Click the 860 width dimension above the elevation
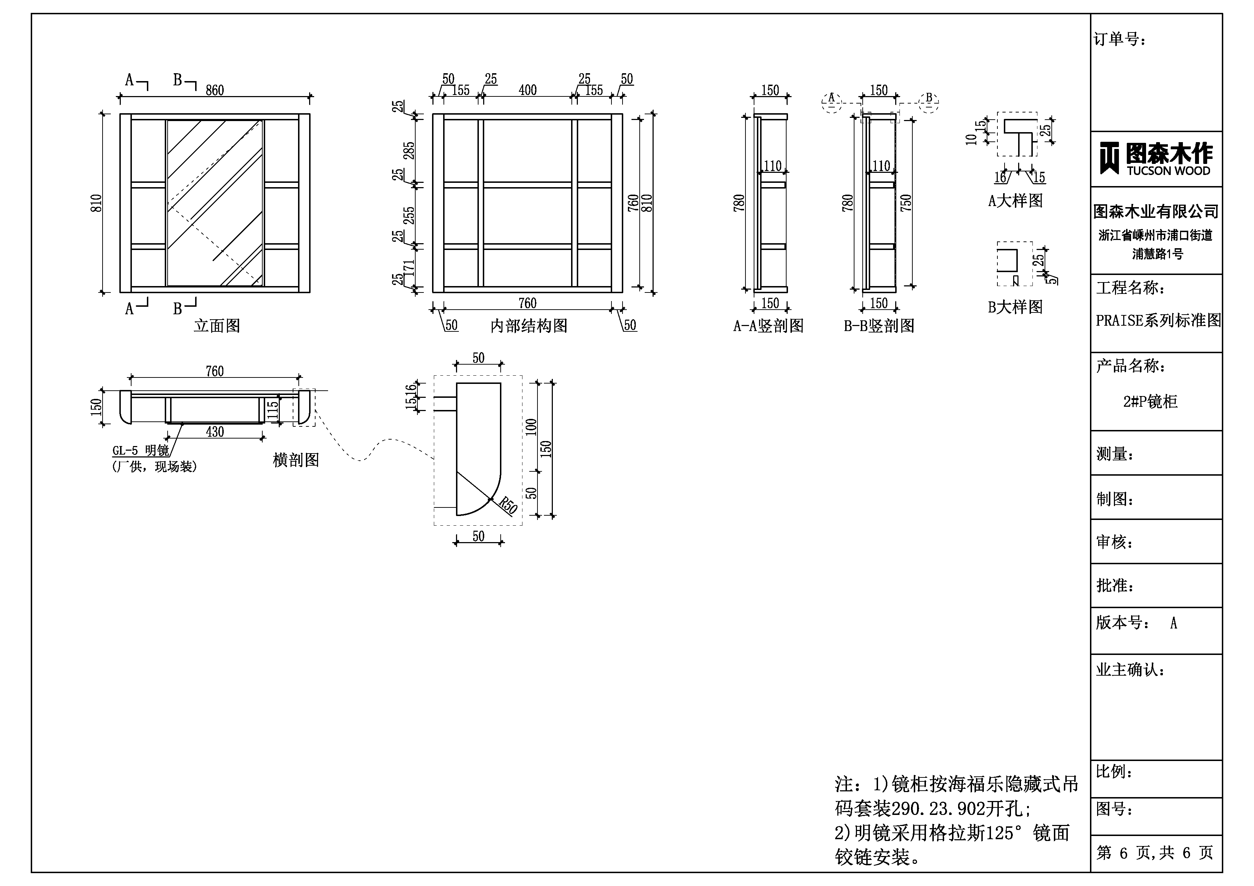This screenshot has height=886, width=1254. click(x=215, y=90)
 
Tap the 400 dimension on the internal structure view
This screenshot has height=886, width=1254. click(x=527, y=90)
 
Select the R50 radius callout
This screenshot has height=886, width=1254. click(x=508, y=506)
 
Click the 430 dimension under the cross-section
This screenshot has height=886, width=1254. click(x=215, y=432)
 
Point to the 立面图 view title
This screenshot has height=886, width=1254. click(x=217, y=326)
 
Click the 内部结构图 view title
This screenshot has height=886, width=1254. click(x=529, y=326)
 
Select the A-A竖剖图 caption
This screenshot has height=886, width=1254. click(x=768, y=326)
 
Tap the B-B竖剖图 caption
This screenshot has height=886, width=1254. click(x=879, y=326)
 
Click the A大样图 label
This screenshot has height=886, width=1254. click(x=1015, y=201)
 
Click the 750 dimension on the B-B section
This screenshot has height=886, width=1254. click(x=906, y=203)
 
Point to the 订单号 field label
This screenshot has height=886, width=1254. click(x=1120, y=39)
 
